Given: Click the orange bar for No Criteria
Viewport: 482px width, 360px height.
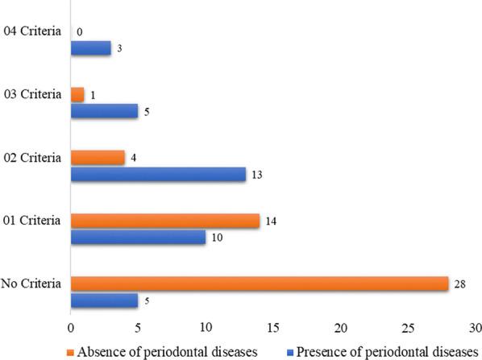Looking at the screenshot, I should click(x=260, y=283).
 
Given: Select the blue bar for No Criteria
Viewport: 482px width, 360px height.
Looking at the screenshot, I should click(x=104, y=300).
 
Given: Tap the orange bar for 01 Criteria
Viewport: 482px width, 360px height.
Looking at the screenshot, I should click(x=165, y=220).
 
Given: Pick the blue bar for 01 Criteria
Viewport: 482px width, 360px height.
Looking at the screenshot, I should click(x=138, y=237).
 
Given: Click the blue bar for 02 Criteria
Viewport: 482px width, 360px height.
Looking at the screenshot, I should click(x=158, y=174).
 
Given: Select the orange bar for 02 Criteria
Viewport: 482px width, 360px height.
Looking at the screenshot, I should click(x=98, y=157).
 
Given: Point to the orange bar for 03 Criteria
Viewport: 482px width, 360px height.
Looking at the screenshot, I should click(x=77, y=95).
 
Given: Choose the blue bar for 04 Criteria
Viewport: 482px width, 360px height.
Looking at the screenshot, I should click(x=91, y=48).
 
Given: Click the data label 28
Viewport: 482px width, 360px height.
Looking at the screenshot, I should click(x=460, y=283).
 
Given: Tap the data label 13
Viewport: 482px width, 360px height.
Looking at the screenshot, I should click(x=258, y=174).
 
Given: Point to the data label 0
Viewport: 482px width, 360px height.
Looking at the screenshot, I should click(x=79, y=32).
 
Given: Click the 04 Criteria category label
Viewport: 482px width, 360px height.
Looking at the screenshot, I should click(x=32, y=32).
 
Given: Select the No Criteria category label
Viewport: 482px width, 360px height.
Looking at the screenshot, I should click(x=33, y=283).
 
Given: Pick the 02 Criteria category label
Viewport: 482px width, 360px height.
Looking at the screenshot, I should click(x=32, y=157).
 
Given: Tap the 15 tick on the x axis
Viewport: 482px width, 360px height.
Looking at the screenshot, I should click(x=272, y=328).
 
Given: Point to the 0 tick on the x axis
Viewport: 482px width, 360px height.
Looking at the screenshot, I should click(x=71, y=328).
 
